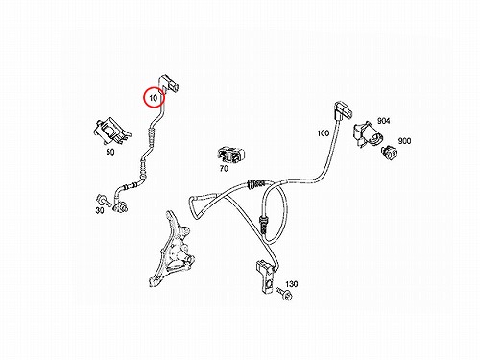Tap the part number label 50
110,152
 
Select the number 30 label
100,210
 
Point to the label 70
224,168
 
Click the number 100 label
323,133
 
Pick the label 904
384,121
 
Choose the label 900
404,141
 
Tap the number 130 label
292,284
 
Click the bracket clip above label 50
112,132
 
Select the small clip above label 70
231,155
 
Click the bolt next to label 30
104,201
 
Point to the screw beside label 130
284,294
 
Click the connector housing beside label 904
368,134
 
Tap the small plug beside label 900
390,153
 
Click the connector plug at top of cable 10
169,84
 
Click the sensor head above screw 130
266,277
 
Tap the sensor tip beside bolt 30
121,207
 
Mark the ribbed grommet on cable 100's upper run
255,183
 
